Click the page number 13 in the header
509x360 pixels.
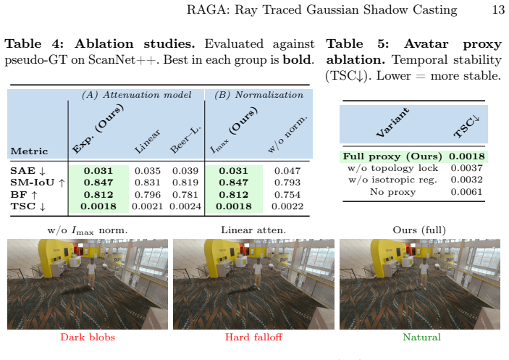(498, 9)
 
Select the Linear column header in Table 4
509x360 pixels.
(148, 141)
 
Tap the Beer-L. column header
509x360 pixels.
(185, 139)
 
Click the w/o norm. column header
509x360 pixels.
(287, 133)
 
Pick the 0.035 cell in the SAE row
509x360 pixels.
(148, 171)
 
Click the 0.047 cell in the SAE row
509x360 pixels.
(287, 171)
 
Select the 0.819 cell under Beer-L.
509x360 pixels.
(185, 183)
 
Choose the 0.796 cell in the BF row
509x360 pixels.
(148, 195)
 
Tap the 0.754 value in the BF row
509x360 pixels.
(287, 195)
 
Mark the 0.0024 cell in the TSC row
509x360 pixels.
(185, 206)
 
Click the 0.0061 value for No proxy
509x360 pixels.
(466, 192)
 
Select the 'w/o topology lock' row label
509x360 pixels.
(392, 168)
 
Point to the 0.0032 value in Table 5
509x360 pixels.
(466, 180)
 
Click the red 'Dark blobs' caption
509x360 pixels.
(88, 337)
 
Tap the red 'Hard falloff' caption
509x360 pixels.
(253, 337)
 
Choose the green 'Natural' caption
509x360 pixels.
(421, 337)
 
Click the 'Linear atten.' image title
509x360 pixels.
(253, 230)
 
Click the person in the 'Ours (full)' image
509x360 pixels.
(424, 274)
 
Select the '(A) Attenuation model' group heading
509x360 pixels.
(137, 95)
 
